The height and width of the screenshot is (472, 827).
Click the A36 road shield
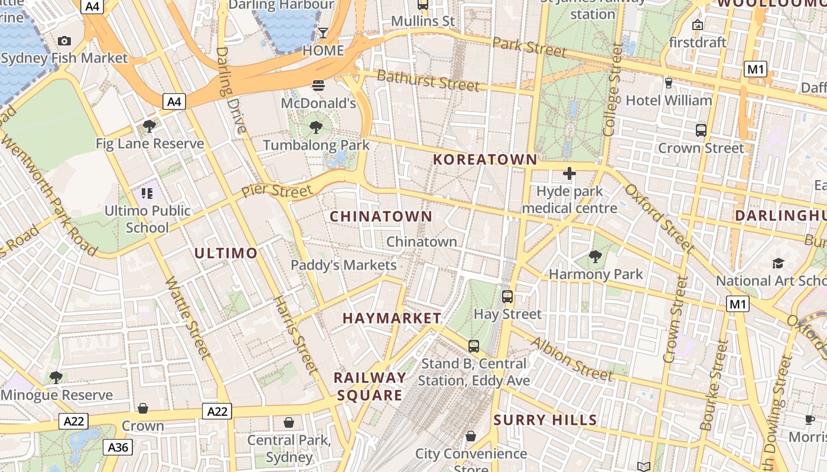tap(118, 447)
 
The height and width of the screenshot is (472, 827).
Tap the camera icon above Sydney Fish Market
tap(64, 41)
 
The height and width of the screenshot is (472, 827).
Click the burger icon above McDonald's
tap(318, 86)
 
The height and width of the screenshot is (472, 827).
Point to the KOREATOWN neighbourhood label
tap(485, 159)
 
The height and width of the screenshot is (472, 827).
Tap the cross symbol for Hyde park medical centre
tap(569, 173)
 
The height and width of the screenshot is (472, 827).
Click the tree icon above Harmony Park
tap(595, 257)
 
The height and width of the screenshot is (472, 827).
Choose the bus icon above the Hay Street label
tap(507, 297)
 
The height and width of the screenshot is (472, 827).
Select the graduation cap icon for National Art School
tap(778, 263)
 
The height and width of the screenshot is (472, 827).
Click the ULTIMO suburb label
tap(226, 254)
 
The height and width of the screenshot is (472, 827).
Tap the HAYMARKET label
tap(392, 318)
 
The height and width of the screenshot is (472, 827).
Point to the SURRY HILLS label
tap(545, 420)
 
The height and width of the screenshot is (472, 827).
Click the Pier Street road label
tap(276, 192)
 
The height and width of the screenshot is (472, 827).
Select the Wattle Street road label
tap(188, 318)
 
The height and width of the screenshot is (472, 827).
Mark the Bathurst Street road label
tap(428, 80)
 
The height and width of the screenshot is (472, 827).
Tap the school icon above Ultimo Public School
tap(147, 193)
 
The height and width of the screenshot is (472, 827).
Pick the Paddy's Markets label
tap(343, 265)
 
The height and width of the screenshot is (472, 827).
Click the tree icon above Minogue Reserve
tap(56, 377)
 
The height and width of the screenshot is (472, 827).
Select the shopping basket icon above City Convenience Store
tap(471, 436)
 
